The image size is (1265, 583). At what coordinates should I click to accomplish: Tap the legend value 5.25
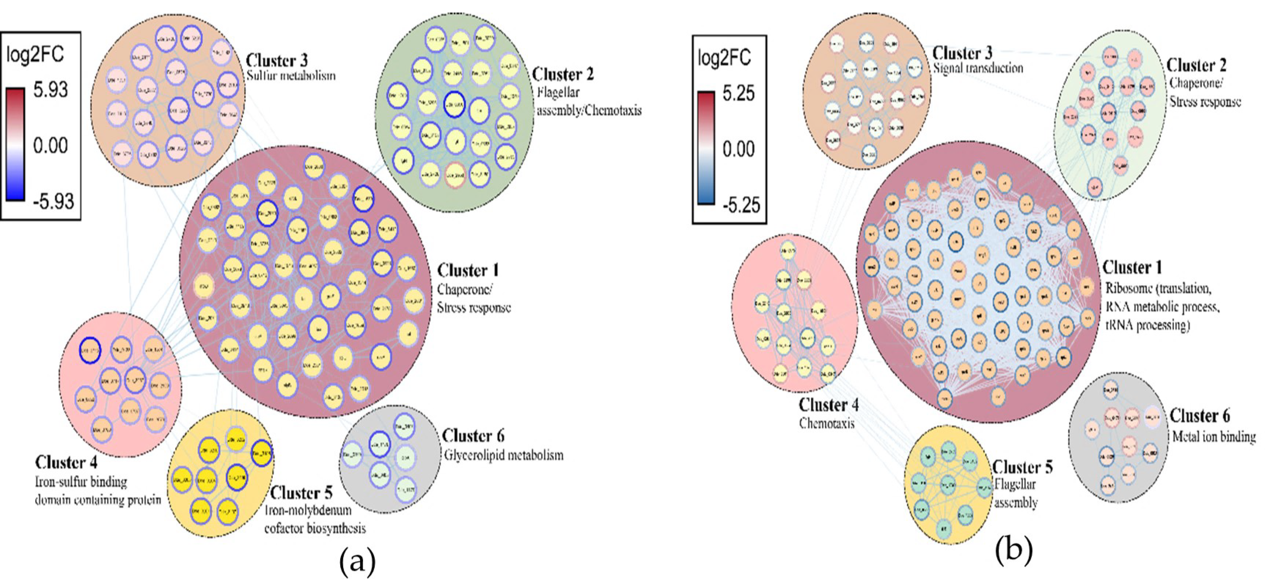738,93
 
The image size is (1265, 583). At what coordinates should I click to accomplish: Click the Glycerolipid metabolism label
503,455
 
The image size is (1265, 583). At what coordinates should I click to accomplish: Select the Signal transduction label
978,68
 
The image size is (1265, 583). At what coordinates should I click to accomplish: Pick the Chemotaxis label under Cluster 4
827,423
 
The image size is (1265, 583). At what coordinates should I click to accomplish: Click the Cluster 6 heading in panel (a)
473,436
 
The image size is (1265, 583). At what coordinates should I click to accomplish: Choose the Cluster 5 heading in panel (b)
1022,467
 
